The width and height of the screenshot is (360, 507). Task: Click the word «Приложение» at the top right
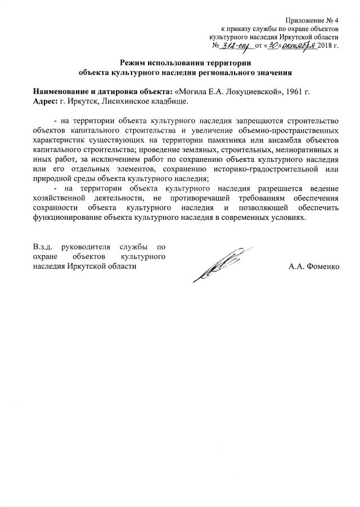point(304,20)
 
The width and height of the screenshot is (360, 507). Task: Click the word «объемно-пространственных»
point(290,130)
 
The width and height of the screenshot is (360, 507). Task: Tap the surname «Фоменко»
point(324,266)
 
